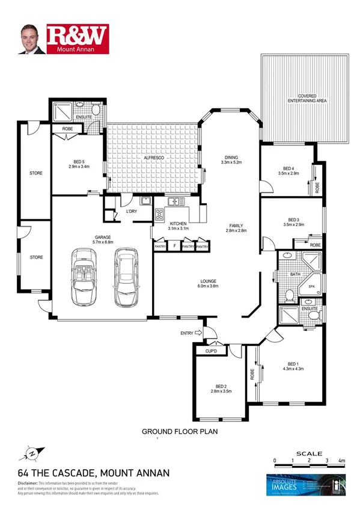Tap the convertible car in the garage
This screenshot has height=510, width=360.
[x=86, y=277]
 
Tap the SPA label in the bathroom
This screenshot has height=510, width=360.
[x=311, y=287]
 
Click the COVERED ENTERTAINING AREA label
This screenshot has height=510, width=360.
[x=307, y=99]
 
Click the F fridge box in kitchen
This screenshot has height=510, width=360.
[x=174, y=246]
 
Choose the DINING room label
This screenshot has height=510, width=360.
[x=231, y=157]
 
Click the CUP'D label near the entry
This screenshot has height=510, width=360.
[x=211, y=351]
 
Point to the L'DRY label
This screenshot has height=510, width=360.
[x=132, y=212]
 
